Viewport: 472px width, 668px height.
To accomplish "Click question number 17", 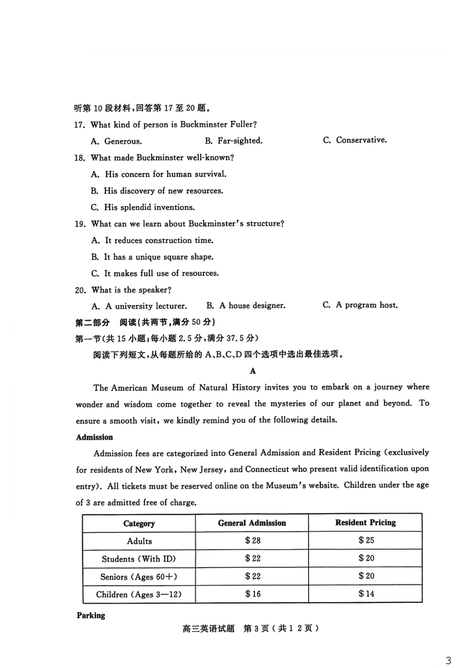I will (x=79, y=125).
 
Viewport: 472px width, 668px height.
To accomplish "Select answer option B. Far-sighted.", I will (x=234, y=141).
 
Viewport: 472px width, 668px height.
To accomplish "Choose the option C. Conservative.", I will (x=355, y=140).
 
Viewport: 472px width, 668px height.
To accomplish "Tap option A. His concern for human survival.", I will (x=158, y=174).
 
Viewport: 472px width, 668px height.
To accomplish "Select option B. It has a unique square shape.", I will (x=152, y=257).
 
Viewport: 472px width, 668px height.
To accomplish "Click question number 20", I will (x=80, y=290).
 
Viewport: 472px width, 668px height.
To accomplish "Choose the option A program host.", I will (x=360, y=305).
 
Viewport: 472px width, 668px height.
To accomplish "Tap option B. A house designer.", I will (x=246, y=305).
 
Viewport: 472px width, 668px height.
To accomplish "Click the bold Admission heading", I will (x=94, y=437).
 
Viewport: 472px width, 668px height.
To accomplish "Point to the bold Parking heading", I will (x=91, y=615).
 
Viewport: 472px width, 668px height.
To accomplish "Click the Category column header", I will (x=139, y=523).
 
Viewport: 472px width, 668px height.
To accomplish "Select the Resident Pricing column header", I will (x=365, y=522).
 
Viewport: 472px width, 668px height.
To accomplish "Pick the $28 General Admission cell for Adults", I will (x=252, y=540).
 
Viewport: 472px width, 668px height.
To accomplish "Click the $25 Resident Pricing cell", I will (x=366, y=540).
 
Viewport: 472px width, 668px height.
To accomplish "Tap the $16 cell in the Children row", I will (x=252, y=594).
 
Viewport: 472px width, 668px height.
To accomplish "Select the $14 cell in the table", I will (x=366, y=594).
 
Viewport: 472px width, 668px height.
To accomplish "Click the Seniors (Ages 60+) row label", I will (x=139, y=577).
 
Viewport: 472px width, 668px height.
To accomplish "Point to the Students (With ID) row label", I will (x=139, y=559).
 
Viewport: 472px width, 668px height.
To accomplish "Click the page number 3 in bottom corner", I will (x=449, y=661).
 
